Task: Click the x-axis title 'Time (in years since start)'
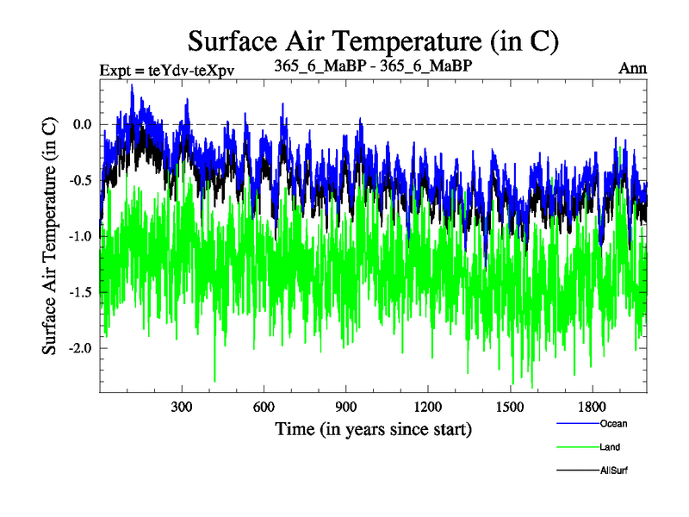[373, 428]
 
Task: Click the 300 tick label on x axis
[182, 406]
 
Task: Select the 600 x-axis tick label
[264, 406]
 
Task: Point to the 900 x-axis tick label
[346, 406]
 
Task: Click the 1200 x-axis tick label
[428, 406]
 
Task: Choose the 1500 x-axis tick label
[511, 406]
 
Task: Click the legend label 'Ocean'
[613, 423]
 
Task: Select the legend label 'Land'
[610, 447]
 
